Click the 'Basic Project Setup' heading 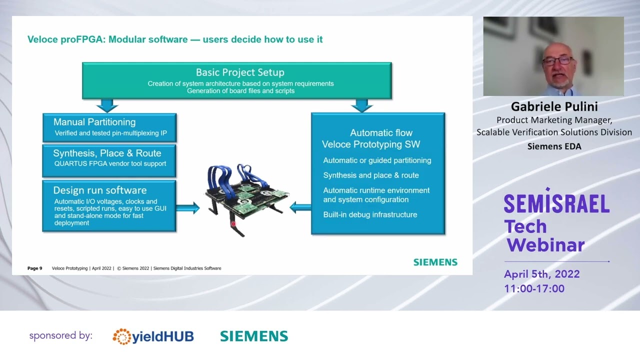pyautogui.click(x=240, y=72)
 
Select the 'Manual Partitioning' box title pyautogui.click(x=94, y=122)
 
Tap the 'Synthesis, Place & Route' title pyautogui.click(x=107, y=153)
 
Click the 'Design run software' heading pyautogui.click(x=100, y=190)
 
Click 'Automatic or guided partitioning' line pyautogui.click(x=377, y=160)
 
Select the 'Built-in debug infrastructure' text pyautogui.click(x=370, y=215)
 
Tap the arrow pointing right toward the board pyautogui.click(x=188, y=208)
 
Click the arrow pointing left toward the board pyautogui.click(x=300, y=207)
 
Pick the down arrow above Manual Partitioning pyautogui.click(x=107, y=105)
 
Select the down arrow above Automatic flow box pyautogui.click(x=362, y=105)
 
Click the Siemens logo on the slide pyautogui.click(x=435, y=262)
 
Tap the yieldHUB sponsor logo pyautogui.click(x=153, y=336)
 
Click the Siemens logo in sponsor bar pyautogui.click(x=254, y=336)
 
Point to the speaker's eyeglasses pyautogui.click(x=558, y=60)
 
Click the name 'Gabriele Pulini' pyautogui.click(x=554, y=106)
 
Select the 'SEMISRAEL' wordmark pyautogui.click(x=556, y=203)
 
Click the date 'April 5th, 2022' pyautogui.click(x=542, y=274)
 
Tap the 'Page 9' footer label pyautogui.click(x=34, y=268)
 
